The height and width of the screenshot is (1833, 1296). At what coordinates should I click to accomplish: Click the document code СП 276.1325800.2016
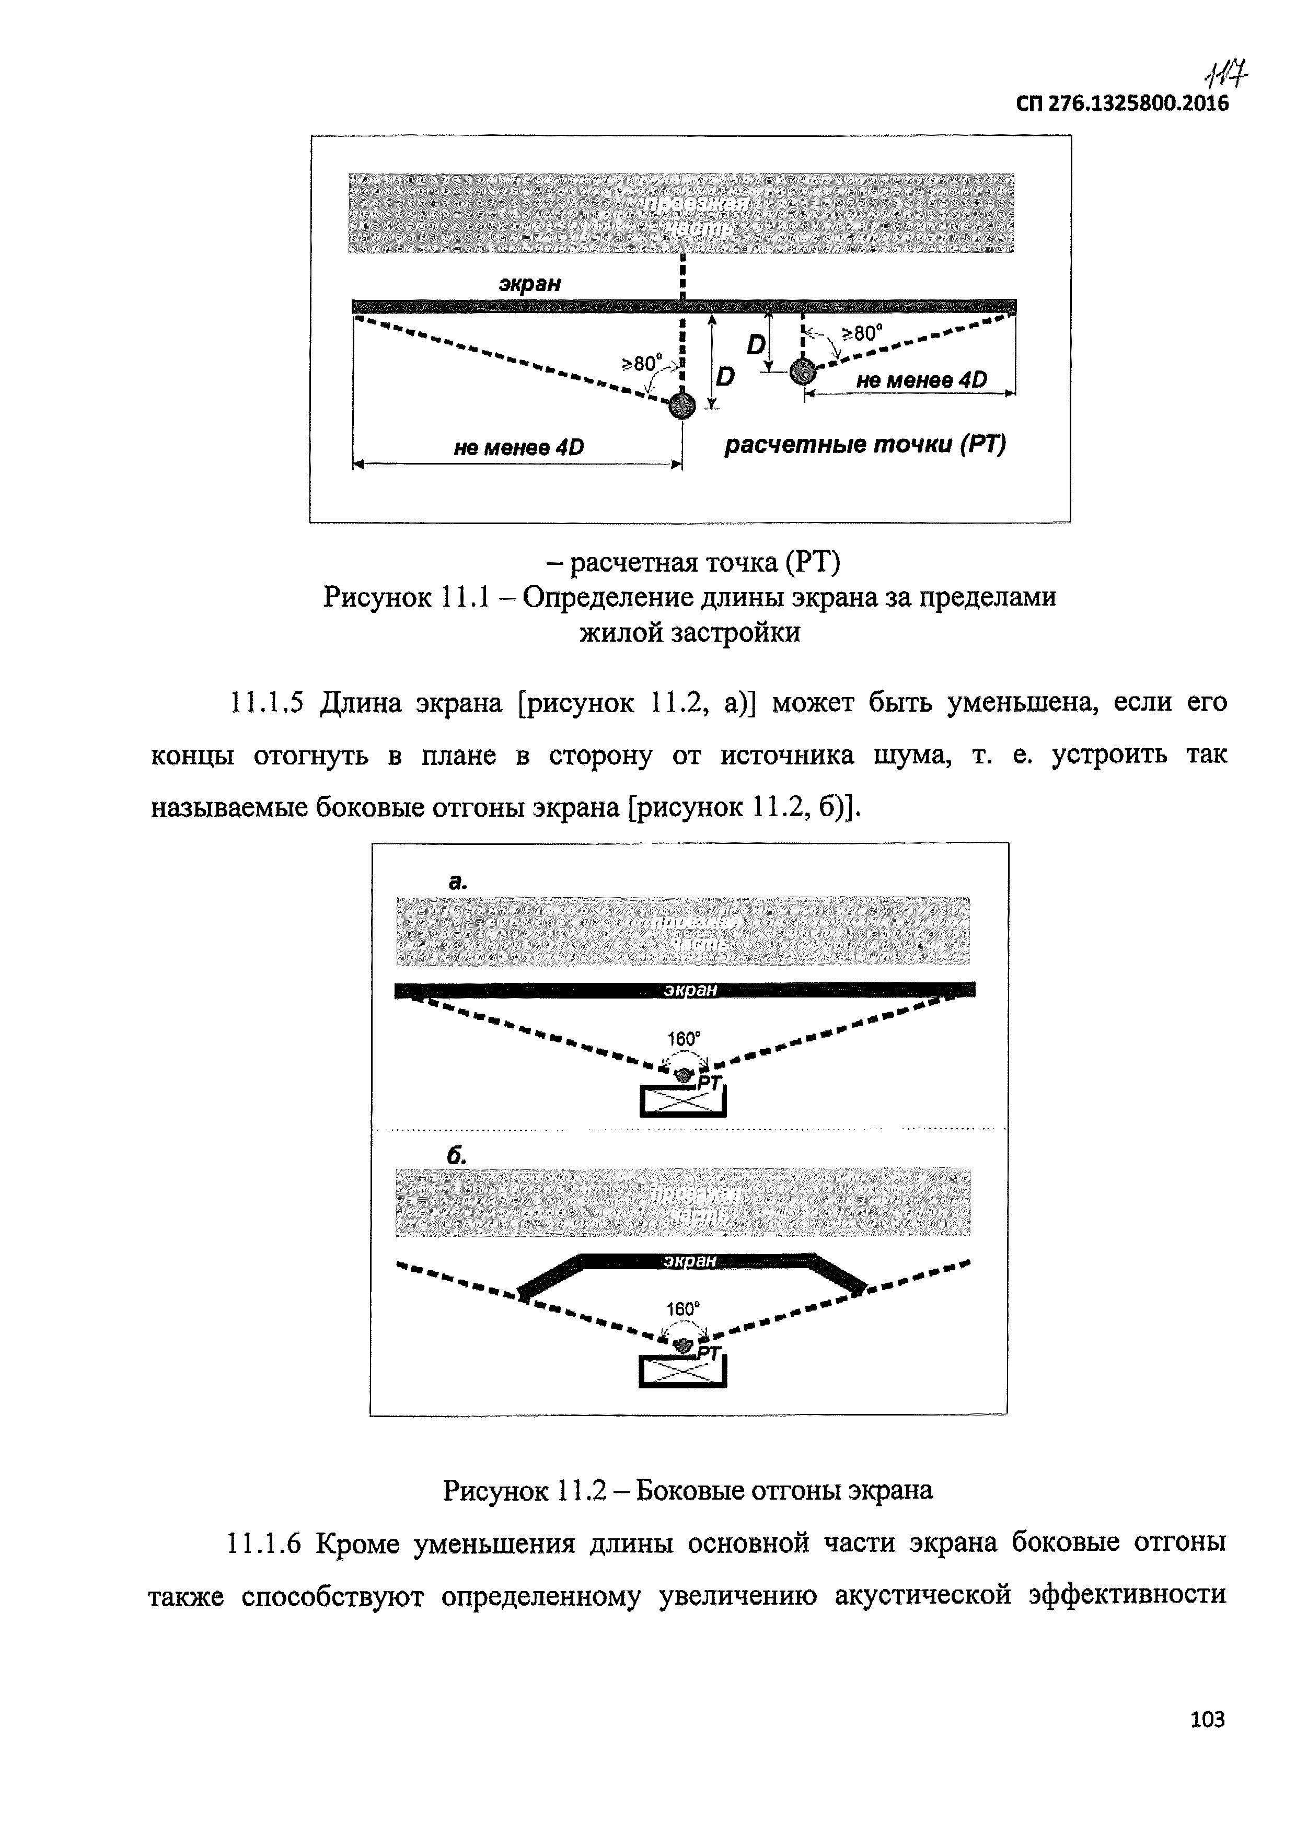coord(1122,104)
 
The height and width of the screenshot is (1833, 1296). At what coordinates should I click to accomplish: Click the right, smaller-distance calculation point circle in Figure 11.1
coord(803,370)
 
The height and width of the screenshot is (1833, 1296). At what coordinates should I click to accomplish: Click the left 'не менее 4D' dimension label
coord(518,448)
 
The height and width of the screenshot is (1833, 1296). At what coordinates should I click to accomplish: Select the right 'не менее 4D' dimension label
coord(921,381)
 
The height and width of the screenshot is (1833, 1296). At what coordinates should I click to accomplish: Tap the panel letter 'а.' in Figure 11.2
coord(457,882)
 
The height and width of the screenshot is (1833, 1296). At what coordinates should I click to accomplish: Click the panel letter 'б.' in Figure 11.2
coord(457,1156)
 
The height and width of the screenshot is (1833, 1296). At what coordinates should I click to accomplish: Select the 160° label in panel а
coord(684,1039)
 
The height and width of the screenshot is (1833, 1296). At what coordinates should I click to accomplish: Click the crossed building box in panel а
coord(682,1101)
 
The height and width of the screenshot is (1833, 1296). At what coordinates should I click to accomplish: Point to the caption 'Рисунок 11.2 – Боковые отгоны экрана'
coord(688,1490)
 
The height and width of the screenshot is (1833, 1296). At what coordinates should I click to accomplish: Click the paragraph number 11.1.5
coord(267,703)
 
